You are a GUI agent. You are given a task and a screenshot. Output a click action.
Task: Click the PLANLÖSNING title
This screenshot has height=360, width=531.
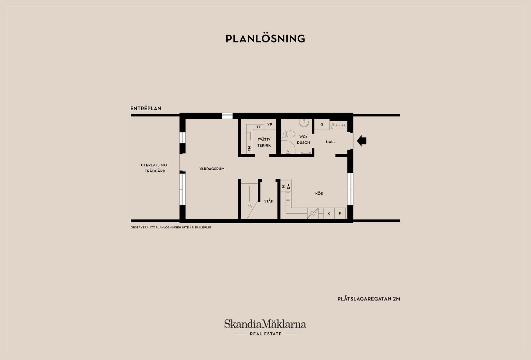point(265,39)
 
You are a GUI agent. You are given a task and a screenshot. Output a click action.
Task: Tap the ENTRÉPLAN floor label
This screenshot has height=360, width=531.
point(145,108)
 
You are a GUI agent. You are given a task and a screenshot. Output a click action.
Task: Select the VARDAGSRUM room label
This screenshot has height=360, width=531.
point(212,169)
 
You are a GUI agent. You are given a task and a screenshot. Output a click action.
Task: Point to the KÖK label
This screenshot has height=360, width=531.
point(319,194)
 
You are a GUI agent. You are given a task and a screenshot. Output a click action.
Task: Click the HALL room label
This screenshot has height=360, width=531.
point(331,142)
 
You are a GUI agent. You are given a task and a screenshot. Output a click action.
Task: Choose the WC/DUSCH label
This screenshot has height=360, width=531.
point(303,140)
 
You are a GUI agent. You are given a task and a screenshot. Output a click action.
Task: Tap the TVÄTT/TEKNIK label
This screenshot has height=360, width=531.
point(264,142)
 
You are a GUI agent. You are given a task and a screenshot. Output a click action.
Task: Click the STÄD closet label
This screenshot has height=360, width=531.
point(269,201)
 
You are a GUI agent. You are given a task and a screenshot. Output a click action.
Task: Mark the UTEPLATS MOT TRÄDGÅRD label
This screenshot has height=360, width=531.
point(155,168)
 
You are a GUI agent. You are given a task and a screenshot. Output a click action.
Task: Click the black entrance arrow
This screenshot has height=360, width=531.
point(362,141)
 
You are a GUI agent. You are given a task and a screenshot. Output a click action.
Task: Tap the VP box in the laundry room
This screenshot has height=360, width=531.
point(270,124)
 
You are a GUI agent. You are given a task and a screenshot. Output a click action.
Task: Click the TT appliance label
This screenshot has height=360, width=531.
point(258,127)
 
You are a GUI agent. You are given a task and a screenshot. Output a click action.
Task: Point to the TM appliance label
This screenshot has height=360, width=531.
point(249,148)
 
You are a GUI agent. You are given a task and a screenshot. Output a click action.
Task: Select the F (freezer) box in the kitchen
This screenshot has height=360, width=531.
point(340,213)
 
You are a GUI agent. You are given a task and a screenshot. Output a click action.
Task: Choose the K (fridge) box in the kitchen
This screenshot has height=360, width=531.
point(329,213)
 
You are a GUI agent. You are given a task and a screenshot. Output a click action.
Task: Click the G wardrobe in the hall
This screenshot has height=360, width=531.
point(321,124)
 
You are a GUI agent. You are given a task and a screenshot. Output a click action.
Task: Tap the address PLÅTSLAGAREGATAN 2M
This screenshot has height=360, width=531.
point(369,299)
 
